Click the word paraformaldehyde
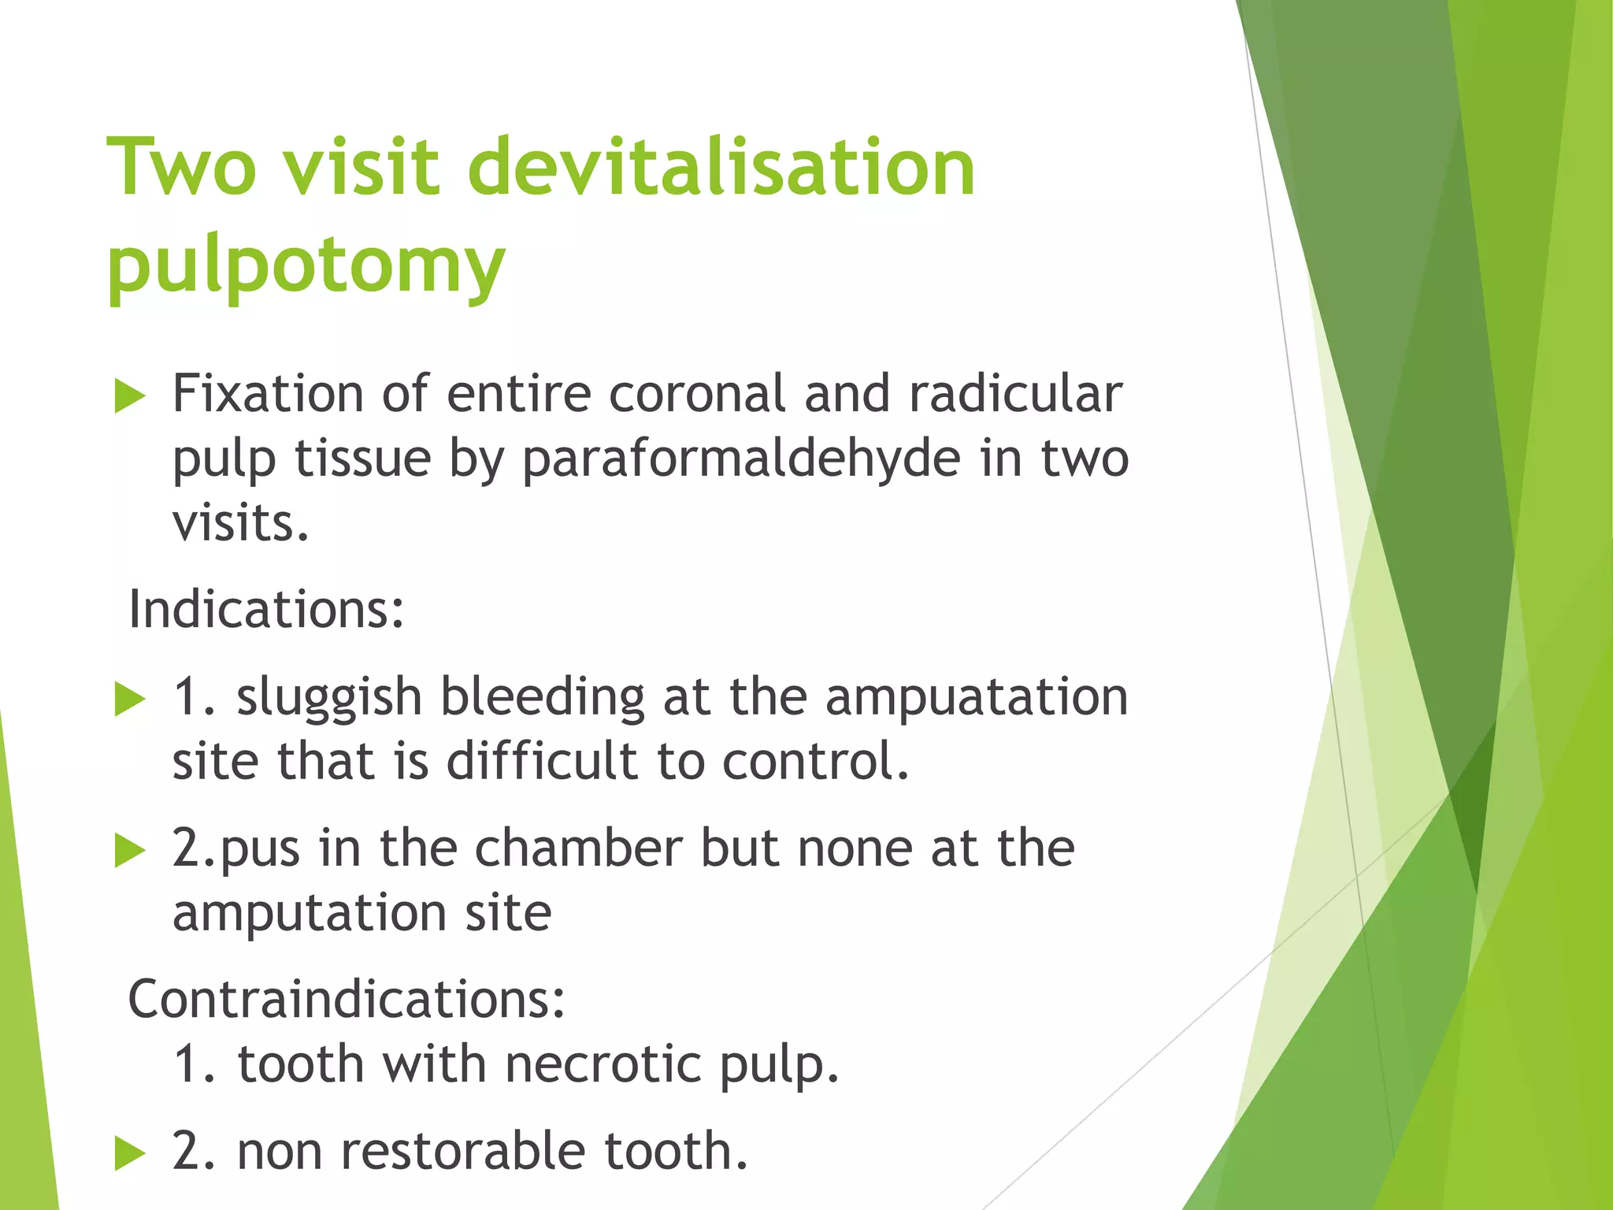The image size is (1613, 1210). point(741,458)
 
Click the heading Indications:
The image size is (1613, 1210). point(266,610)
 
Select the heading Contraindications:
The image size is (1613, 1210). point(347,999)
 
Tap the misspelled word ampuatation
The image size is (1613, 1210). point(976,697)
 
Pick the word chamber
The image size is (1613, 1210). point(578,848)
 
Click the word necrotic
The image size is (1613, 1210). point(603,1064)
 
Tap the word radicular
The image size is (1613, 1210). point(1015,393)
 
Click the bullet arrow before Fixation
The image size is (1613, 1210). point(130,395)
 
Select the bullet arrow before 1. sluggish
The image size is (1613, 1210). point(130,700)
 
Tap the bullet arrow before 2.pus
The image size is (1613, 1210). point(130,851)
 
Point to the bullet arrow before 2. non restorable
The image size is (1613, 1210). point(130,1154)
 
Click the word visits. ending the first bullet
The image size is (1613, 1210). point(241,523)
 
